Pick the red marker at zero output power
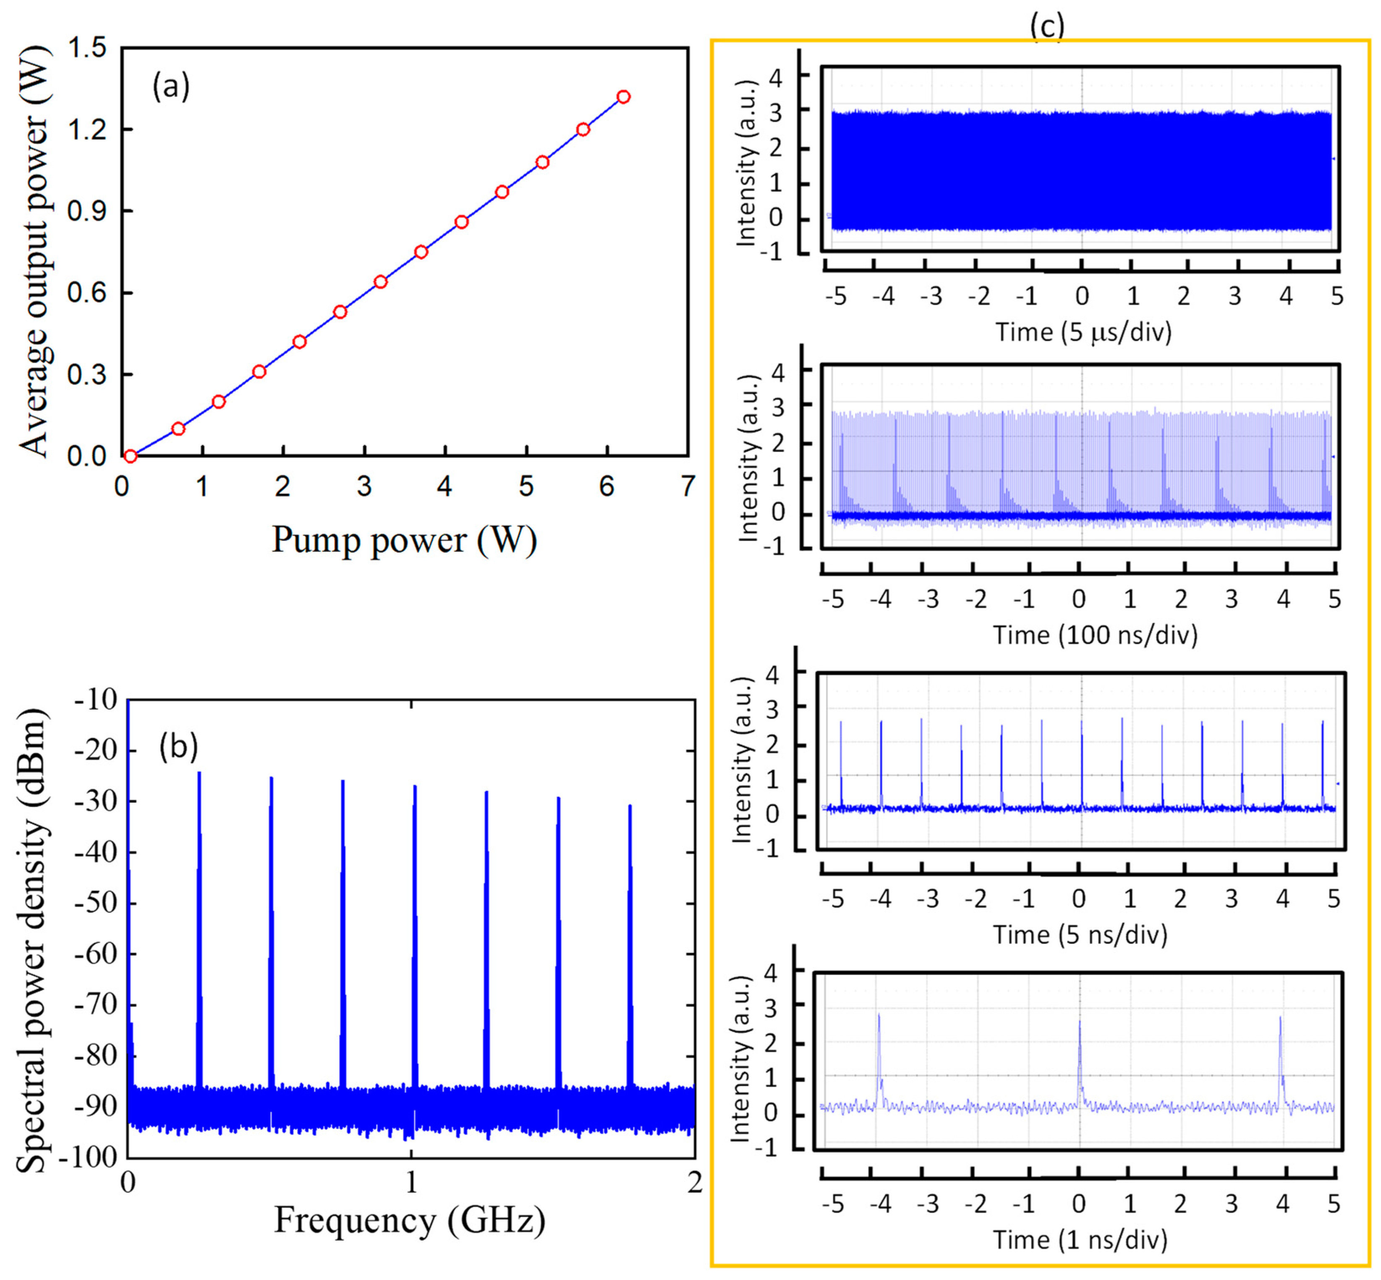click(x=130, y=456)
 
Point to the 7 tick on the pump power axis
click(x=687, y=486)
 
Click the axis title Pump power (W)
click(x=404, y=540)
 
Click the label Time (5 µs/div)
click(x=1083, y=332)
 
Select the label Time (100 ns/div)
click(x=1095, y=635)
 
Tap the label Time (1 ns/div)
click(x=1080, y=1239)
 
